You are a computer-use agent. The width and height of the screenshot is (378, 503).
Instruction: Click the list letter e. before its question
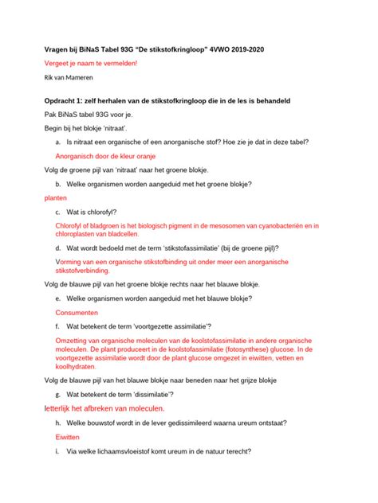[58, 298]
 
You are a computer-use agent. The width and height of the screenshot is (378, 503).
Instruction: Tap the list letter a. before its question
[58, 142]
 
